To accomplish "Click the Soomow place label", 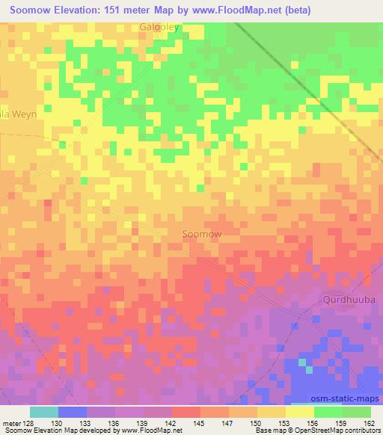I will [201, 234].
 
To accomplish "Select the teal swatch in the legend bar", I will [44, 412].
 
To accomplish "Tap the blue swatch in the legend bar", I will [73, 412].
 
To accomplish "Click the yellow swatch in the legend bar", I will [300, 412].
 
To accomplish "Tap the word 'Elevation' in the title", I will [82, 10].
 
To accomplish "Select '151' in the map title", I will [123, 10].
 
